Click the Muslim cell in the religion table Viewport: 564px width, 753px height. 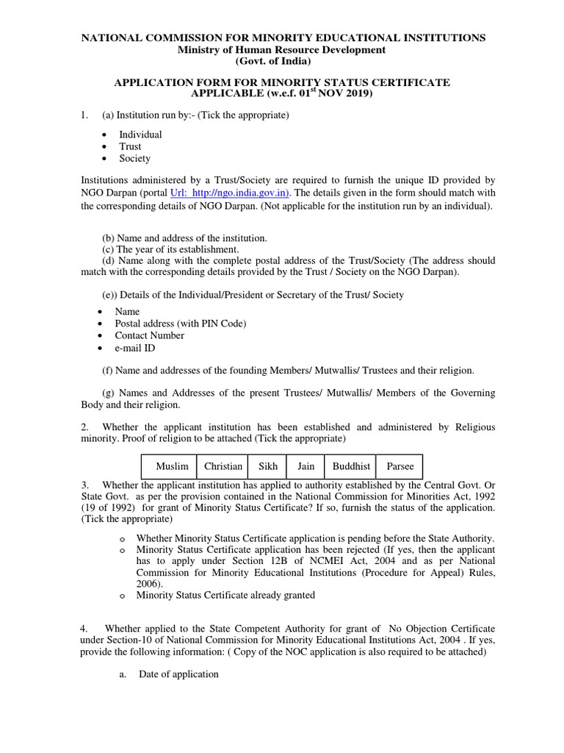pos(172,466)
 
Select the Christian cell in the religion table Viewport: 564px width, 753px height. pos(223,466)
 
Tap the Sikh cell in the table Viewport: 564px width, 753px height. pos(267,466)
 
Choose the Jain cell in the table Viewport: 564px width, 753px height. pos(305,466)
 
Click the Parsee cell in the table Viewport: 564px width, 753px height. pos(399,466)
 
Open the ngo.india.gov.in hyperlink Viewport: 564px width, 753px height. pos(230,193)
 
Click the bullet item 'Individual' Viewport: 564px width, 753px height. pos(140,135)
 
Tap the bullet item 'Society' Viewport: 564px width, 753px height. pos(134,158)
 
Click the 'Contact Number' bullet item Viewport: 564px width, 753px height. pos(150,335)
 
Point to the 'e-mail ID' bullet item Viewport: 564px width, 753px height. pos(135,348)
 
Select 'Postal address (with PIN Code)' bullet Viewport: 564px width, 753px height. pos(181,324)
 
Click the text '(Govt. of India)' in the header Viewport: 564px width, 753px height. pos(282,61)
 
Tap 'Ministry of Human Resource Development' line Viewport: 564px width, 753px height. pos(282,49)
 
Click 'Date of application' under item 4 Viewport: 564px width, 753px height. pos(178,674)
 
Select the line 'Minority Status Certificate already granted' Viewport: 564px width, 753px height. pos(225,595)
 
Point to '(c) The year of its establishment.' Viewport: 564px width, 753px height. pos(170,249)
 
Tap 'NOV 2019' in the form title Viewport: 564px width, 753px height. pos(346,95)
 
